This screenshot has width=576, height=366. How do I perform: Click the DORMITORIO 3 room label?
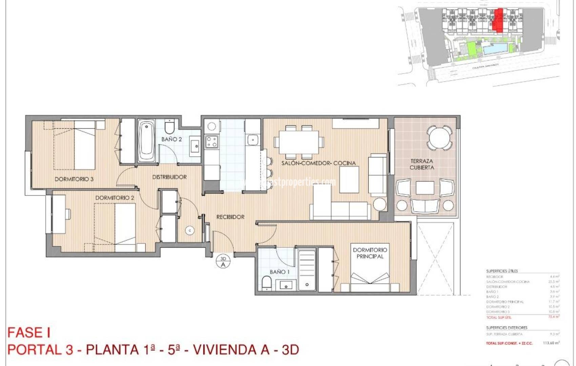(x=74, y=179)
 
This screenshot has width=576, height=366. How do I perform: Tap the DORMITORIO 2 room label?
(x=115, y=198)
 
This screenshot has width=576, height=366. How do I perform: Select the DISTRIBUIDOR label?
(x=169, y=177)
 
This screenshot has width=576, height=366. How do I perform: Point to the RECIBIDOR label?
(x=230, y=217)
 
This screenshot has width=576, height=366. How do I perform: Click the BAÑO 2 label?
(x=171, y=139)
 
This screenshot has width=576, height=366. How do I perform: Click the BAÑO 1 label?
(x=280, y=272)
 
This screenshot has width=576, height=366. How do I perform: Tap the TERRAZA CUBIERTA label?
(x=421, y=164)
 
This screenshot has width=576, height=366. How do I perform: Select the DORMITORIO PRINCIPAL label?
(x=370, y=253)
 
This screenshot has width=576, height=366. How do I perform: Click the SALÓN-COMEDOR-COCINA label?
(x=318, y=163)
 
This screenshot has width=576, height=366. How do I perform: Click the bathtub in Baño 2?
(x=146, y=142)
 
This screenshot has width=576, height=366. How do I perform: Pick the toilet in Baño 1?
(x=267, y=283)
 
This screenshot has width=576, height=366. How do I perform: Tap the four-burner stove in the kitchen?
(x=212, y=141)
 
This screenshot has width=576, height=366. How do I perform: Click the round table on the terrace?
(x=439, y=138)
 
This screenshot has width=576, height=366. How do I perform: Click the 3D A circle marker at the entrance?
(x=223, y=262)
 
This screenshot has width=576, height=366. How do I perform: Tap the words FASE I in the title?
(x=29, y=333)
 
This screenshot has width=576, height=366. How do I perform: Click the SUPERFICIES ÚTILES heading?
(x=502, y=271)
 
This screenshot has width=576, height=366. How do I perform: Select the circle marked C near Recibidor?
(x=190, y=230)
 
